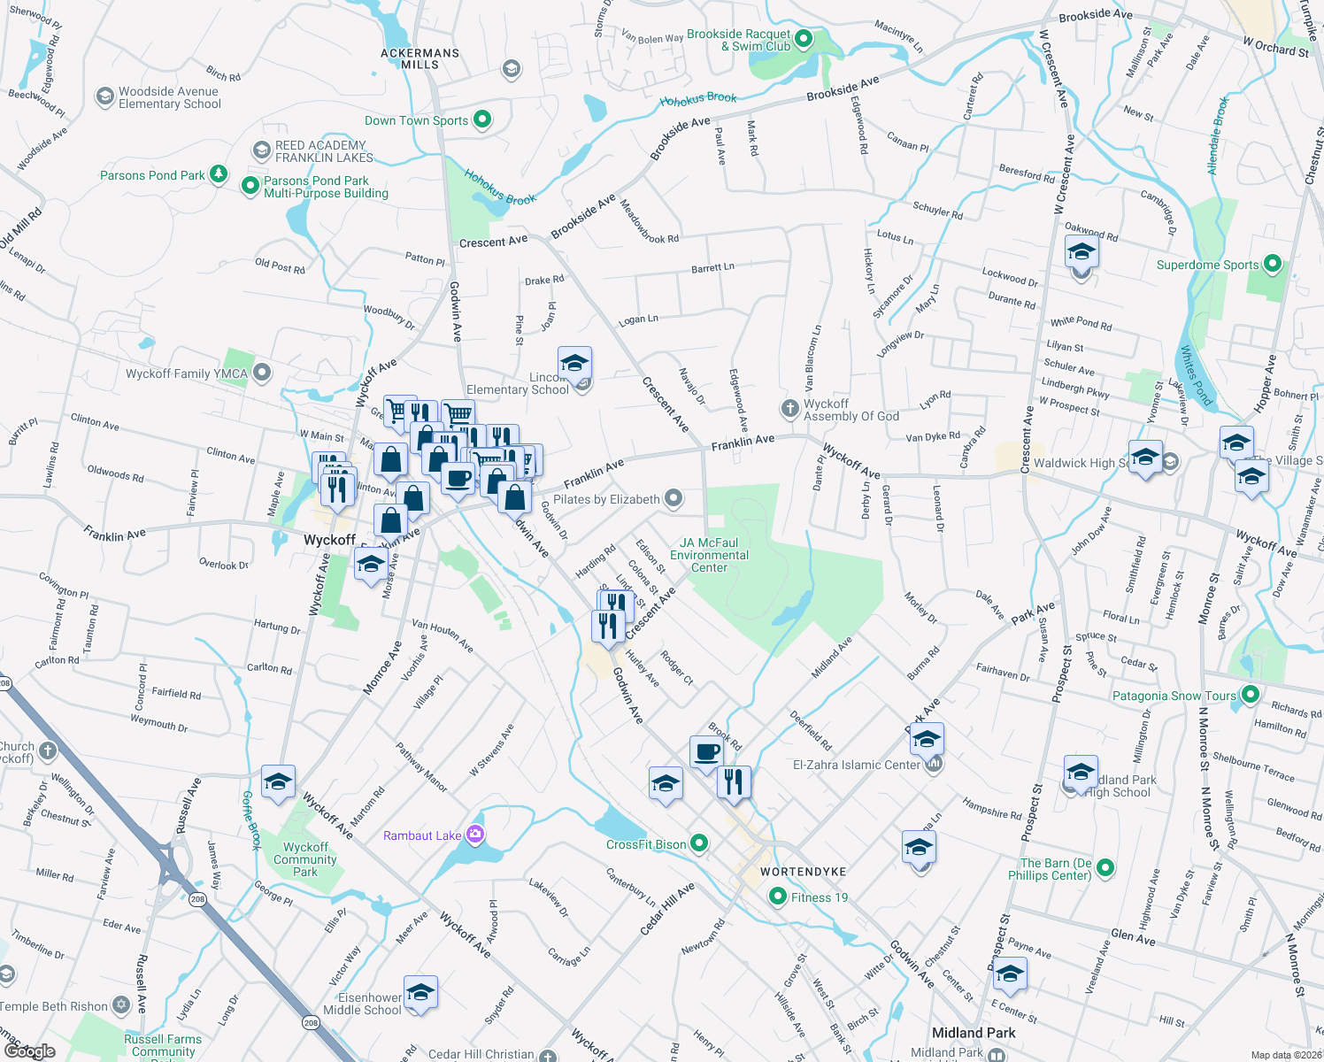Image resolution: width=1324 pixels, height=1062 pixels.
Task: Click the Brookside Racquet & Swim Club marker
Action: point(804,39)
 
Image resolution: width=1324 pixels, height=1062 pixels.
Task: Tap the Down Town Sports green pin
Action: point(482,119)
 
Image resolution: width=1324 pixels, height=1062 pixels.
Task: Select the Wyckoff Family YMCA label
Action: point(187,373)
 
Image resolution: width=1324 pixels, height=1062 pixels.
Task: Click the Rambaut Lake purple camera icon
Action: point(475,835)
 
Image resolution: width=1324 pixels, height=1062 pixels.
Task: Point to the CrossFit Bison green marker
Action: point(699,843)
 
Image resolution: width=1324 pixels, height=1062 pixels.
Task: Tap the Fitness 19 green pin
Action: point(778,897)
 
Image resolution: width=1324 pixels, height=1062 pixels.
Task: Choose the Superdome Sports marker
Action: point(1273,264)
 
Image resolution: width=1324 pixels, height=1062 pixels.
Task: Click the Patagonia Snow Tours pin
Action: point(1250,695)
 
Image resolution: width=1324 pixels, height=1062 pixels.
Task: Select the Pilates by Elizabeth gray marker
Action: point(674,499)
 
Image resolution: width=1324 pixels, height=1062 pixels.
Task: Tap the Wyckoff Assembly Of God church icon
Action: point(789,409)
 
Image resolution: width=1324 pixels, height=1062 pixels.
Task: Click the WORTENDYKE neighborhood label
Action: point(804,872)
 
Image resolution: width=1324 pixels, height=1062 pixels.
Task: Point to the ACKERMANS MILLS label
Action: point(420,58)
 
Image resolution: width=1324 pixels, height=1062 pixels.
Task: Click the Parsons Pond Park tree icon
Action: point(218,174)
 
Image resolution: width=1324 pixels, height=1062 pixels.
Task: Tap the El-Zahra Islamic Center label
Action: point(856,765)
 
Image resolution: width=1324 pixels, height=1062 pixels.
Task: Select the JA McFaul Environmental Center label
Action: point(709,555)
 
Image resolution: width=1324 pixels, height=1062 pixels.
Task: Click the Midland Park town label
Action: point(974,1033)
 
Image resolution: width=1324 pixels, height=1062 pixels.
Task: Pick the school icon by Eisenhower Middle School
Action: point(420,993)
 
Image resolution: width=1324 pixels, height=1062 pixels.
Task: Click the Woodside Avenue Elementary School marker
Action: point(105,96)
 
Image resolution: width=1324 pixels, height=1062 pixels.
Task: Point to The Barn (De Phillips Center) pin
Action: point(1105,868)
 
